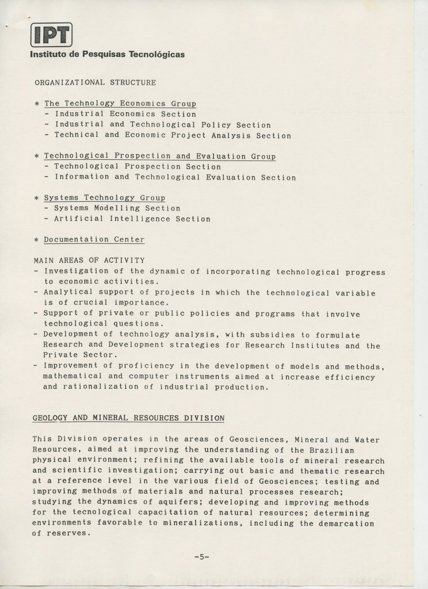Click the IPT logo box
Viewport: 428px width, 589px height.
pyautogui.click(x=52, y=35)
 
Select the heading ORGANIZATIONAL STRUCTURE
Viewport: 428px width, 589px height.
pyautogui.click(x=95, y=82)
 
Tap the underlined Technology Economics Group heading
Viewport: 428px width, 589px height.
pyautogui.click(x=120, y=104)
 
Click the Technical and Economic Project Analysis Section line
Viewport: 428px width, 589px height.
pyautogui.click(x=173, y=136)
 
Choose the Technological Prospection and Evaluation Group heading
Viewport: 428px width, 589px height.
pyautogui.click(x=160, y=156)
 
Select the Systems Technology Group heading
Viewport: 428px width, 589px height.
pyautogui.click(x=105, y=198)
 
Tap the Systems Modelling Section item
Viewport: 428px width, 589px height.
pyautogui.click(x=117, y=208)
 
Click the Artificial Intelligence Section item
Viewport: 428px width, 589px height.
pyautogui.click(x=132, y=219)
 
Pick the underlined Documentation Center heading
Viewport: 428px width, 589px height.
pyautogui.click(x=94, y=239)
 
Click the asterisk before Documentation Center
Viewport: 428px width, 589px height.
pyautogui.click(x=37, y=240)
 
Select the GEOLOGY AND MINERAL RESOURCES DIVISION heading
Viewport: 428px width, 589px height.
pyautogui.click(x=128, y=417)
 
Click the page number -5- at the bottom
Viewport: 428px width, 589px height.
pyautogui.click(x=201, y=556)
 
